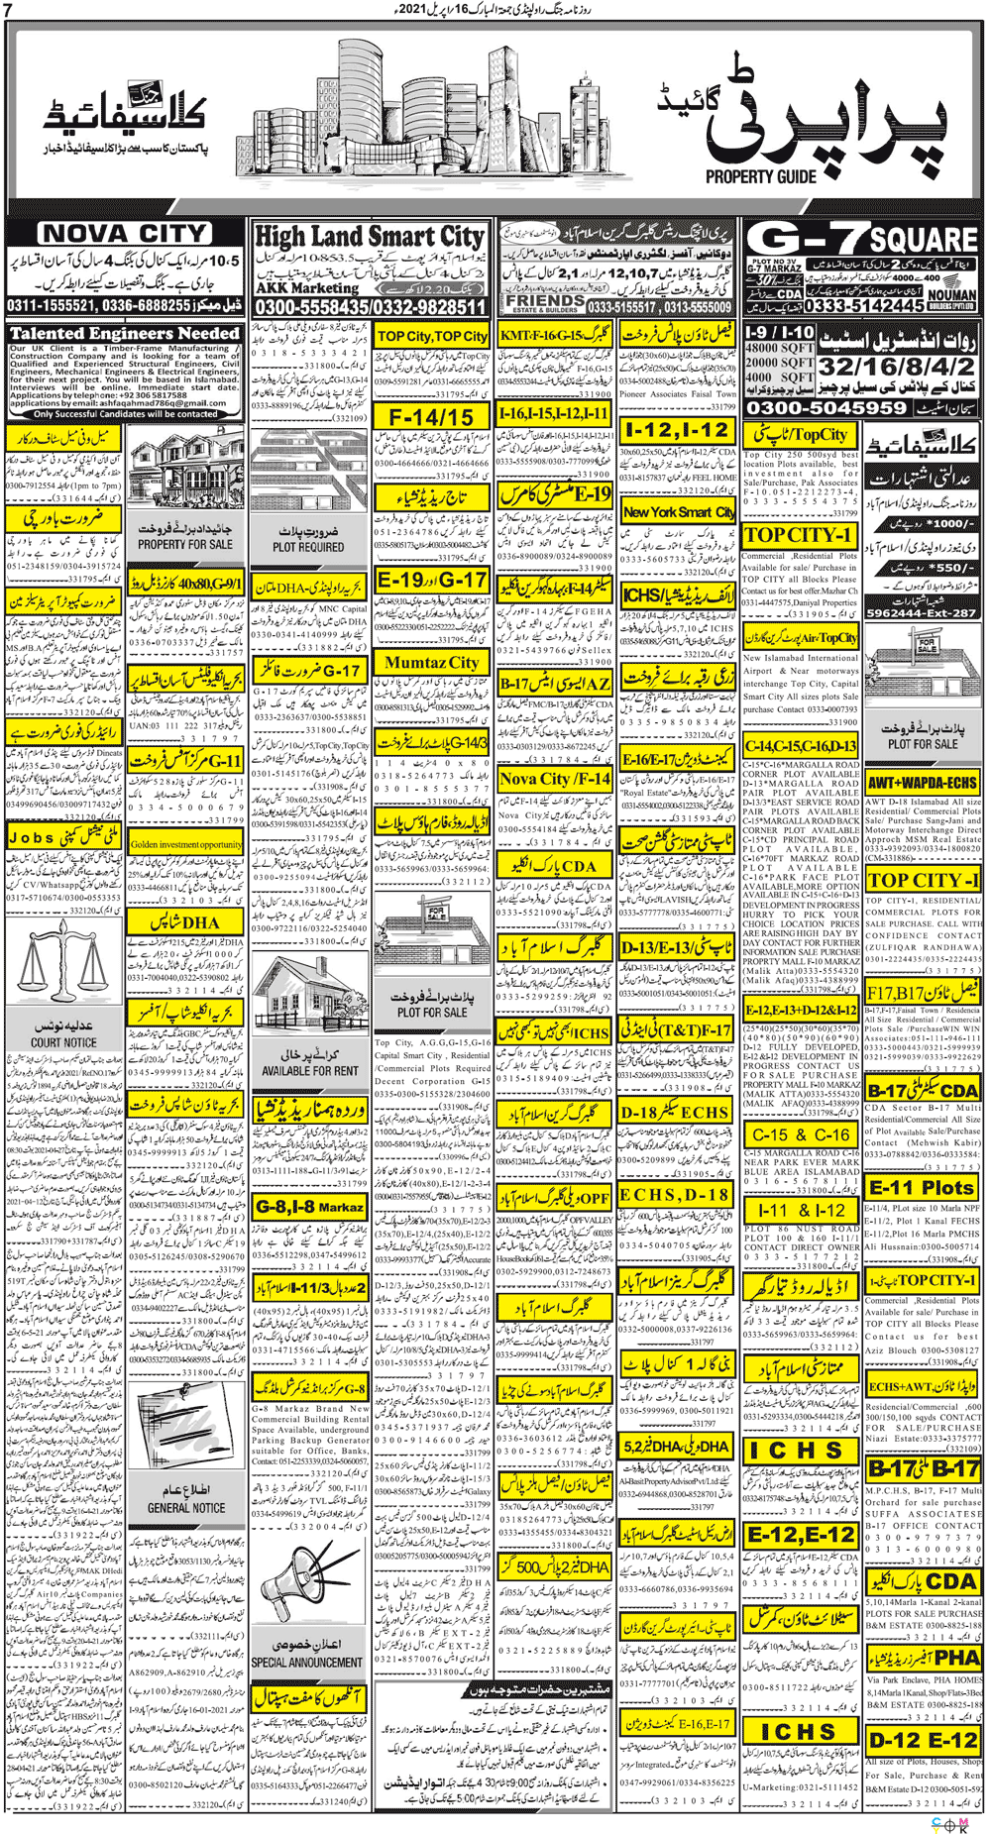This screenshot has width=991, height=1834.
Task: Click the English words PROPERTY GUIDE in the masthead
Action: [x=761, y=176]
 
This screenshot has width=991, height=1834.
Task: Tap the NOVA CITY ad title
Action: [x=125, y=234]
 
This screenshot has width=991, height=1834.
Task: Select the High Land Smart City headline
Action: [x=370, y=237]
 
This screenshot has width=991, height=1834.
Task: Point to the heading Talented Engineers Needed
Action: [x=125, y=334]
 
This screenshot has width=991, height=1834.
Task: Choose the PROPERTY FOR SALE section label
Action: [x=185, y=544]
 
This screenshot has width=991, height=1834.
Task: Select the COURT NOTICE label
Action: [x=63, y=1042]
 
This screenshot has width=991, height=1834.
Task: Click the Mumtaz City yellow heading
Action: [x=432, y=662]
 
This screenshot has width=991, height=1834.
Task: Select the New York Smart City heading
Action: [x=679, y=512]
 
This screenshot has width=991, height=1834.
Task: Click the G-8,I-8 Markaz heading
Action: [x=309, y=1207]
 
